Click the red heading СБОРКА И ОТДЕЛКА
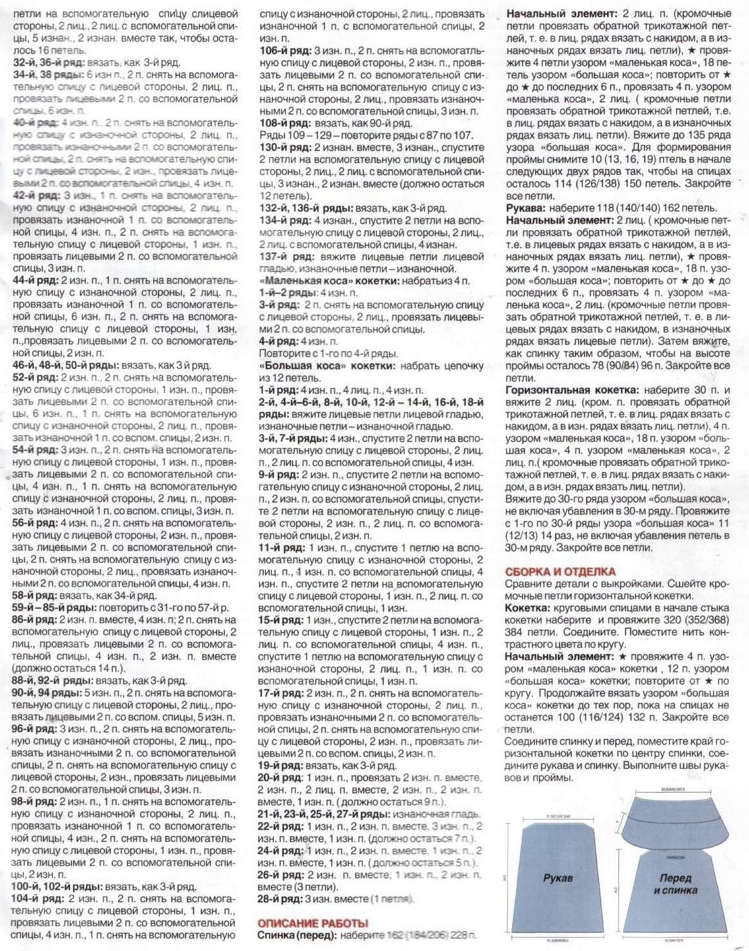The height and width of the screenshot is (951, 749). [560, 571]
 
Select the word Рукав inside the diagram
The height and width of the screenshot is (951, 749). [558, 878]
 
